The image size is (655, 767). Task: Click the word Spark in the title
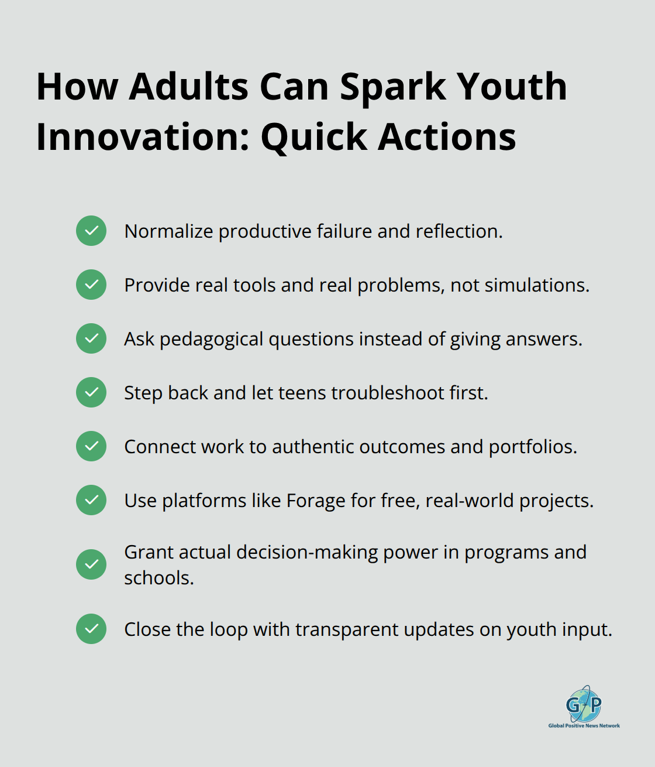pos(393,87)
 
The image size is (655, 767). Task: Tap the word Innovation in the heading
pos(143,138)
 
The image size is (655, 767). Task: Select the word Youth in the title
pos(512,87)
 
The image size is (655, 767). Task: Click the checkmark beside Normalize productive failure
pos(91,231)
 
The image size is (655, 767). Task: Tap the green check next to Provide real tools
pos(91,285)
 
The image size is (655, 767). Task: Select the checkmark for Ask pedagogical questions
pos(91,338)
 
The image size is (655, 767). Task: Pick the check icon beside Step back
pos(91,392)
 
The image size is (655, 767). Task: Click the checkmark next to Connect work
pos(91,446)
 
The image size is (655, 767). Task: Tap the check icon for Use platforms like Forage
pos(91,500)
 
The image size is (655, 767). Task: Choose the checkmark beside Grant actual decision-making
pos(91,564)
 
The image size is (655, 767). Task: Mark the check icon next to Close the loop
pos(91,629)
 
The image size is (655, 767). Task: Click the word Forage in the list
pos(316,501)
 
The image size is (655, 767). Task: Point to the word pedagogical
pos(211,340)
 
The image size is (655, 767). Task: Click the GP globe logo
pos(584,704)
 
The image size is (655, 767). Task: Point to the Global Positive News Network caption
pos(584,726)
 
